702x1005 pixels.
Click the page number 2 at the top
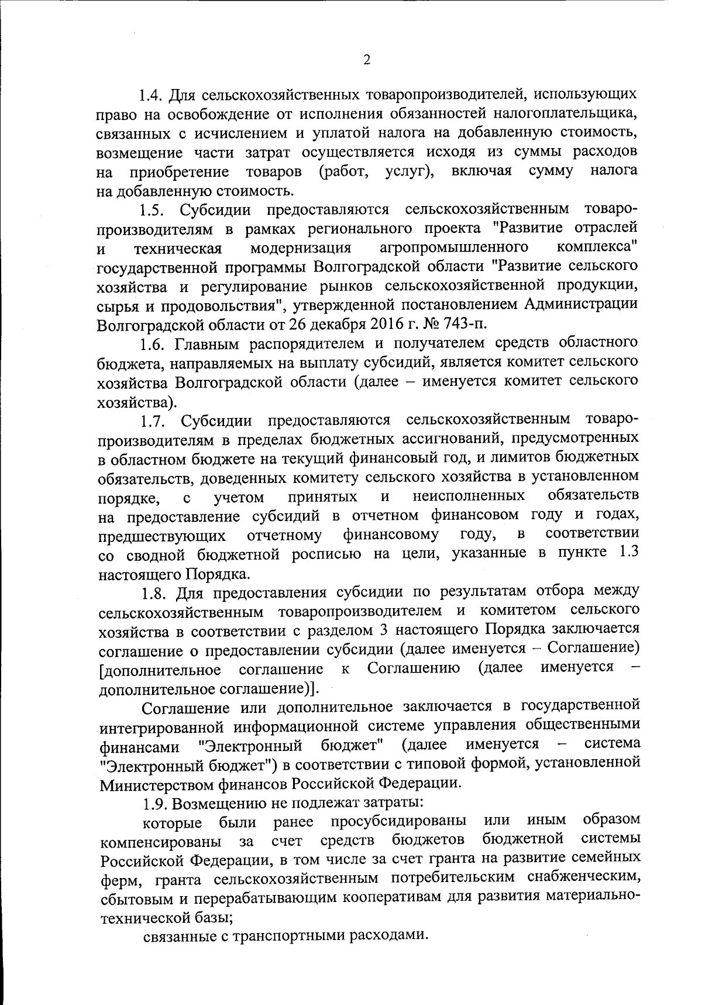[367, 60]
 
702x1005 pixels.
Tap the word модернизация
[301, 248]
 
